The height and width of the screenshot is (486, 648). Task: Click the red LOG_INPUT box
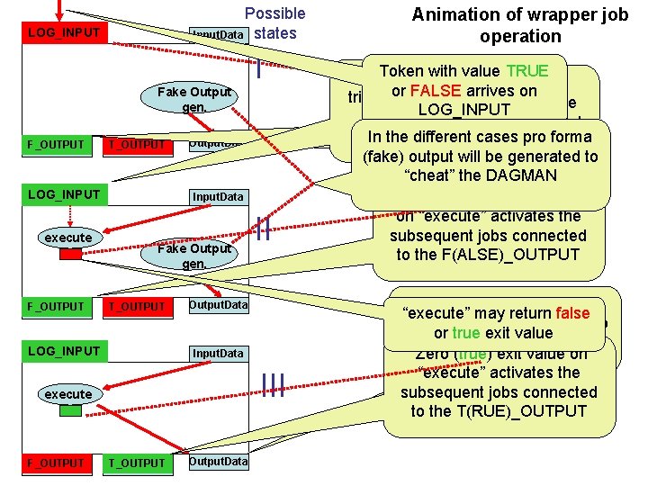click(x=61, y=33)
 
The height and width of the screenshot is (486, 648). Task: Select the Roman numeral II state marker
click(x=262, y=230)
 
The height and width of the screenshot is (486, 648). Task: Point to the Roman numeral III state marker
click(x=273, y=385)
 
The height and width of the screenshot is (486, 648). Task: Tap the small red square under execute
click(x=70, y=254)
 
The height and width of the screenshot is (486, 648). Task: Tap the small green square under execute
click(x=70, y=410)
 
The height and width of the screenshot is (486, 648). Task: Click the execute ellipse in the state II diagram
click(x=68, y=238)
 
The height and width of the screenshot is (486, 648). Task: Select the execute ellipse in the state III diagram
click(x=68, y=394)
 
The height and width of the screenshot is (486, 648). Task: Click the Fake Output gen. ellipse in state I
click(x=193, y=99)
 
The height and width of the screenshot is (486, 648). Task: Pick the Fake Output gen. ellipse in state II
click(x=193, y=256)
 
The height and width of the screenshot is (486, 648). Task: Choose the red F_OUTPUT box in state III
click(x=55, y=463)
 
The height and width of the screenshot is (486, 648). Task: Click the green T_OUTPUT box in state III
click(x=137, y=463)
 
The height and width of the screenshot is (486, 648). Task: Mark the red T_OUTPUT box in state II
click(x=137, y=306)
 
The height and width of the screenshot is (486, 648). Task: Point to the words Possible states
click(x=275, y=23)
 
